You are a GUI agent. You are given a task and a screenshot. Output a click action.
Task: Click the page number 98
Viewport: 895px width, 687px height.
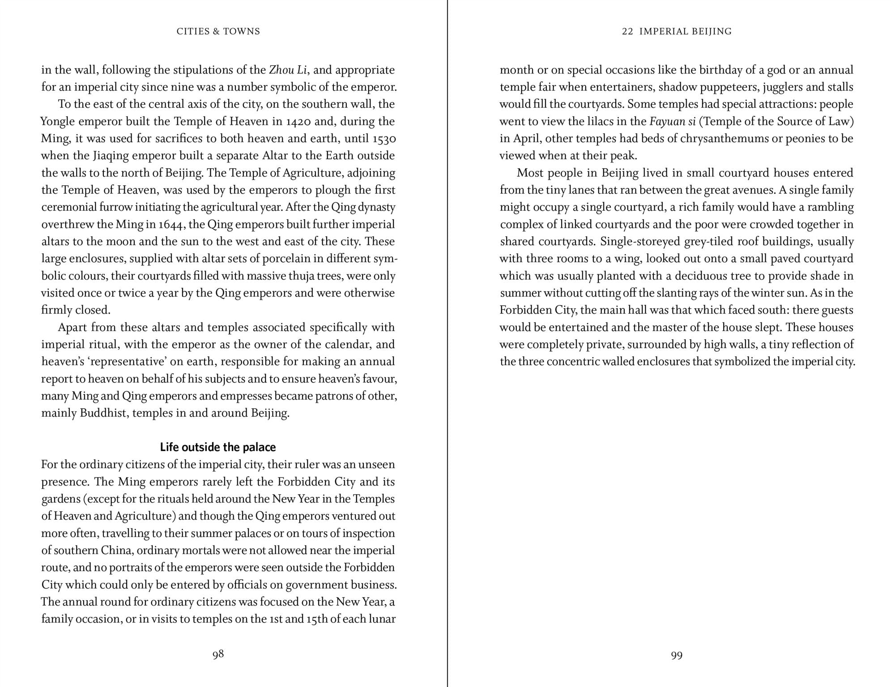(x=218, y=654)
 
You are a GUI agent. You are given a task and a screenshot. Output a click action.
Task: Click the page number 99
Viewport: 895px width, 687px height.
(x=677, y=656)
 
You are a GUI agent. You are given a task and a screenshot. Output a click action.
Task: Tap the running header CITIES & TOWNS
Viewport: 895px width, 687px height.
(x=218, y=31)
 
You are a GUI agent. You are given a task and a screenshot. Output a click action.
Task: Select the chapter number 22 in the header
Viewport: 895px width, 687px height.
(x=627, y=31)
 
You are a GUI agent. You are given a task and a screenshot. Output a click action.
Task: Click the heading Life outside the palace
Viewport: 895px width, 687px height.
(x=218, y=447)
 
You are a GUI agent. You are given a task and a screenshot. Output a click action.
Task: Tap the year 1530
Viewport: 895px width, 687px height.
(x=384, y=139)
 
